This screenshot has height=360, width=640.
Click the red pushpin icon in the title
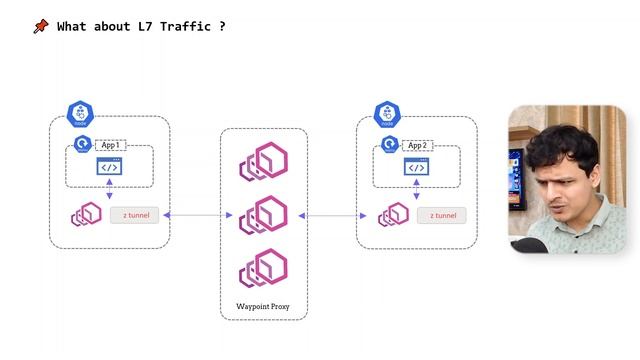pyautogui.click(x=40, y=27)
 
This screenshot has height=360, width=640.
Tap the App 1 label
pyautogui.click(x=110, y=145)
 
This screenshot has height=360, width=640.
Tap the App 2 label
pyautogui.click(x=417, y=145)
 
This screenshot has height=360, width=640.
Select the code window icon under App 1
pyautogui.click(x=109, y=167)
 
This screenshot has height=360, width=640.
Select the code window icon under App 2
pyautogui.click(x=417, y=167)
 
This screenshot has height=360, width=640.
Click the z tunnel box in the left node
pyautogui.click(x=134, y=215)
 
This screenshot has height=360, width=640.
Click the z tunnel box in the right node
pyautogui.click(x=443, y=215)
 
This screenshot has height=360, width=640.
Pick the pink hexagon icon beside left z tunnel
pyautogui.click(x=86, y=215)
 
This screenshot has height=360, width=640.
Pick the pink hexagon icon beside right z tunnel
pyautogui.click(x=393, y=215)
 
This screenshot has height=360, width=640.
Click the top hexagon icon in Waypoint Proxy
pyautogui.click(x=263, y=162)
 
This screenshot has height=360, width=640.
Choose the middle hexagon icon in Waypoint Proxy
pyautogui.click(x=263, y=215)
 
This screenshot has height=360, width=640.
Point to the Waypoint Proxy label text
pyautogui.click(x=263, y=305)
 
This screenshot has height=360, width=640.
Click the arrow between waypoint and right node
pyautogui.click(x=330, y=215)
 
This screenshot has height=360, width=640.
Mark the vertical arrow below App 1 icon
pyautogui.click(x=109, y=189)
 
